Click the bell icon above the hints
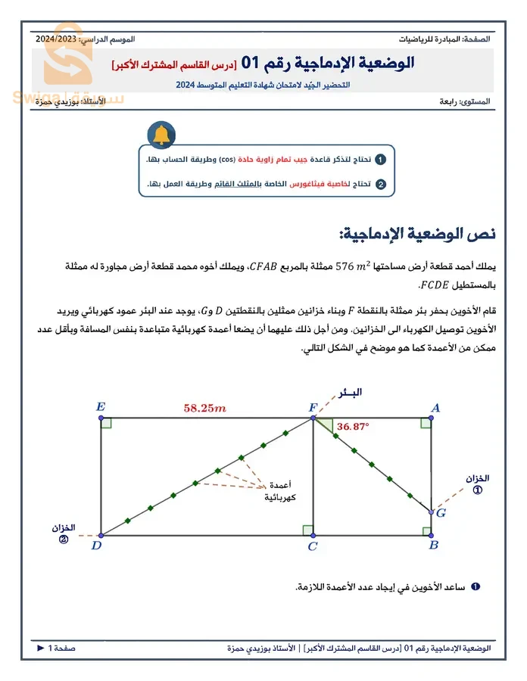161,134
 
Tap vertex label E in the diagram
101,407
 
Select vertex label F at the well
313,408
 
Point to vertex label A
435,408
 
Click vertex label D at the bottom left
95,545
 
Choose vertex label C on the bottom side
312,546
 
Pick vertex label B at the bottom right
433,545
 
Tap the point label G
441,513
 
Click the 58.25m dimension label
204,408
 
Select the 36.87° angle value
353,427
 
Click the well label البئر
348,392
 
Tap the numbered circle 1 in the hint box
381,160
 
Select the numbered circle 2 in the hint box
381,184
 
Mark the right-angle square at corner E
106,422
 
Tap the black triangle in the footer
41,648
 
